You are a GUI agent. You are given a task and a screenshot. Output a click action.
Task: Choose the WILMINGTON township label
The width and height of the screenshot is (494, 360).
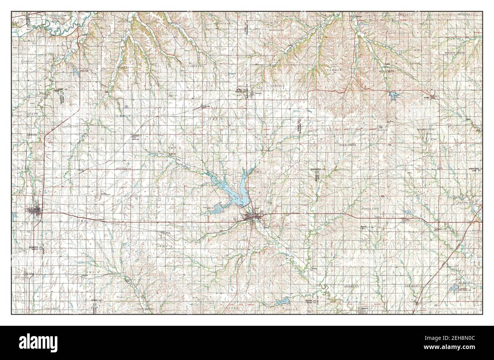425,130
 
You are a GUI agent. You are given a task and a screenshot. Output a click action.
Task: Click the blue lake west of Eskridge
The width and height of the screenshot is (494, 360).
393,96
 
